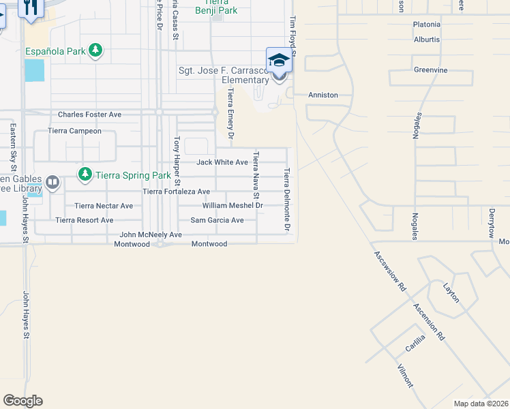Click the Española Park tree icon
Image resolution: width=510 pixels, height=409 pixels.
pos(96,51)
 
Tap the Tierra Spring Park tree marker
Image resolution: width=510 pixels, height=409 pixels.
pos(85,175)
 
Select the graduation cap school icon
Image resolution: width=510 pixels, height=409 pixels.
pos(279,62)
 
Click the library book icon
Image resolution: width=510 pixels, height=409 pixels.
pos(52,182)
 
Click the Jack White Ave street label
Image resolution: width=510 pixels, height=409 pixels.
pos(222,162)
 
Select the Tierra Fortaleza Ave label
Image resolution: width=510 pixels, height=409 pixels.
pos(176,192)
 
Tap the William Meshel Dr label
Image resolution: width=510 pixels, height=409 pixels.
pos(232,205)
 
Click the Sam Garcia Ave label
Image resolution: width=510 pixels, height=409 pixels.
pos(217,220)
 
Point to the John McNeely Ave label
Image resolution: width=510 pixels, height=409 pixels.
pos(151,234)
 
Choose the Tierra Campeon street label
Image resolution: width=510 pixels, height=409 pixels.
pos(74,131)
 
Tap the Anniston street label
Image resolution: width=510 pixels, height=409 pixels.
pos(323,95)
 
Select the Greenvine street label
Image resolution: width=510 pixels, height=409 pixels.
pos(430,70)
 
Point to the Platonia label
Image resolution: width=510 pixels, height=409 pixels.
pos(427,25)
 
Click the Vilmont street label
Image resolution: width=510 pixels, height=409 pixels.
pos(405,376)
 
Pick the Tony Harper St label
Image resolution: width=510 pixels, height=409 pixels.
pos(177,161)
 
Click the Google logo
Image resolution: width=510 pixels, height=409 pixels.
pos(22,401)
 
